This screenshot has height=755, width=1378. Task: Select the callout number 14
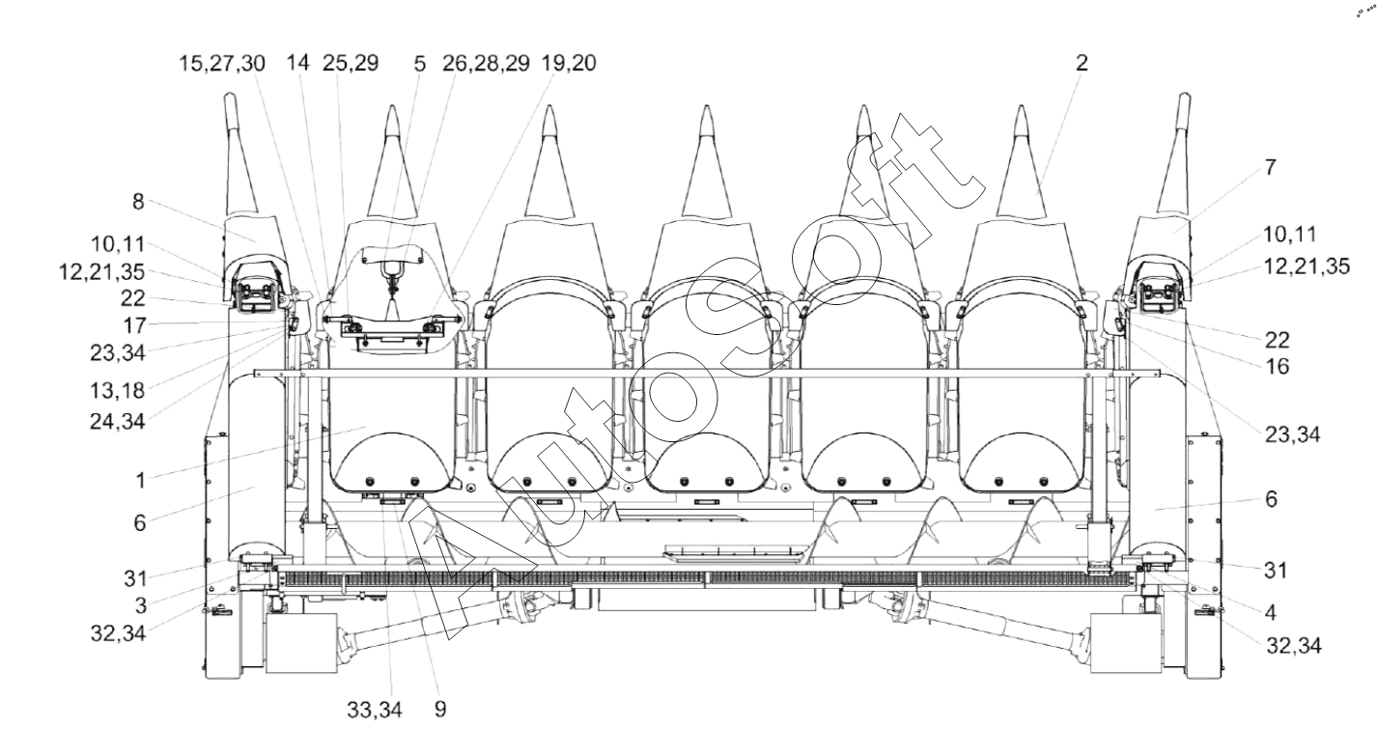coord(298,64)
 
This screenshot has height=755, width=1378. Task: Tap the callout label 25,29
coord(352,64)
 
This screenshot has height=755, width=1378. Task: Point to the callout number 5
coord(419,64)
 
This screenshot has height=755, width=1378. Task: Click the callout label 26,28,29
coord(483,64)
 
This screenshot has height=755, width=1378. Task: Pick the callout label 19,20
coord(570,64)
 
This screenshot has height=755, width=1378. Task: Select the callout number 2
coord(1082,64)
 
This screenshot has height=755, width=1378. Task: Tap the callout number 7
coord(1270,167)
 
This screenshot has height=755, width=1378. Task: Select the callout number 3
coord(140,606)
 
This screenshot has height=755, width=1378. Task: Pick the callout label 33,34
coord(375,711)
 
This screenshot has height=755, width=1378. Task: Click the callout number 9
coord(440,711)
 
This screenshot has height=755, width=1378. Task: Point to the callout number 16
coord(1278,367)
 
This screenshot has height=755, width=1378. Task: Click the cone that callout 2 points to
coord(1022,174)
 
